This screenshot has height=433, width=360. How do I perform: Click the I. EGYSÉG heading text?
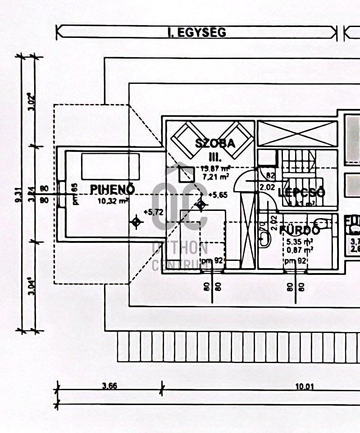point(196,32)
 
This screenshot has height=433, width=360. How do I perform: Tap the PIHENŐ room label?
point(113,189)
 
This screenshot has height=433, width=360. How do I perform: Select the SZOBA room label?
point(215,144)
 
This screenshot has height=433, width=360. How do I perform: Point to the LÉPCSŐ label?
point(301,193)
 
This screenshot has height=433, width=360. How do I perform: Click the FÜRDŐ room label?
point(300,230)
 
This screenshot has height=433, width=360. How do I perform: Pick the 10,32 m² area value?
point(113,201)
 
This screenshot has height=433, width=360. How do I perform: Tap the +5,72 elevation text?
point(153,211)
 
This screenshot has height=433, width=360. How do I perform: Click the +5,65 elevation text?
point(219,194)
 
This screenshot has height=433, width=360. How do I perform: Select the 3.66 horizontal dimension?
point(109,386)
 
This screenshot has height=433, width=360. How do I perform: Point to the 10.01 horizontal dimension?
point(305,386)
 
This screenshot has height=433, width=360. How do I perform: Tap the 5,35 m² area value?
point(300,241)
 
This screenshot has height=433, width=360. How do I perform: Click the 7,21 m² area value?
point(215,176)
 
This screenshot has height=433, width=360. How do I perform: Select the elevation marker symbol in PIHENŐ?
point(136,222)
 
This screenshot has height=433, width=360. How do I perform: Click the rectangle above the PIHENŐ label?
point(110,166)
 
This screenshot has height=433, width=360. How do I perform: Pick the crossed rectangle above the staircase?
point(297,133)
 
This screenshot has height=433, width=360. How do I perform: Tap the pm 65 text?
point(76,194)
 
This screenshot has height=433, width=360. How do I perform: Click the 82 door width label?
point(270,175)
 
